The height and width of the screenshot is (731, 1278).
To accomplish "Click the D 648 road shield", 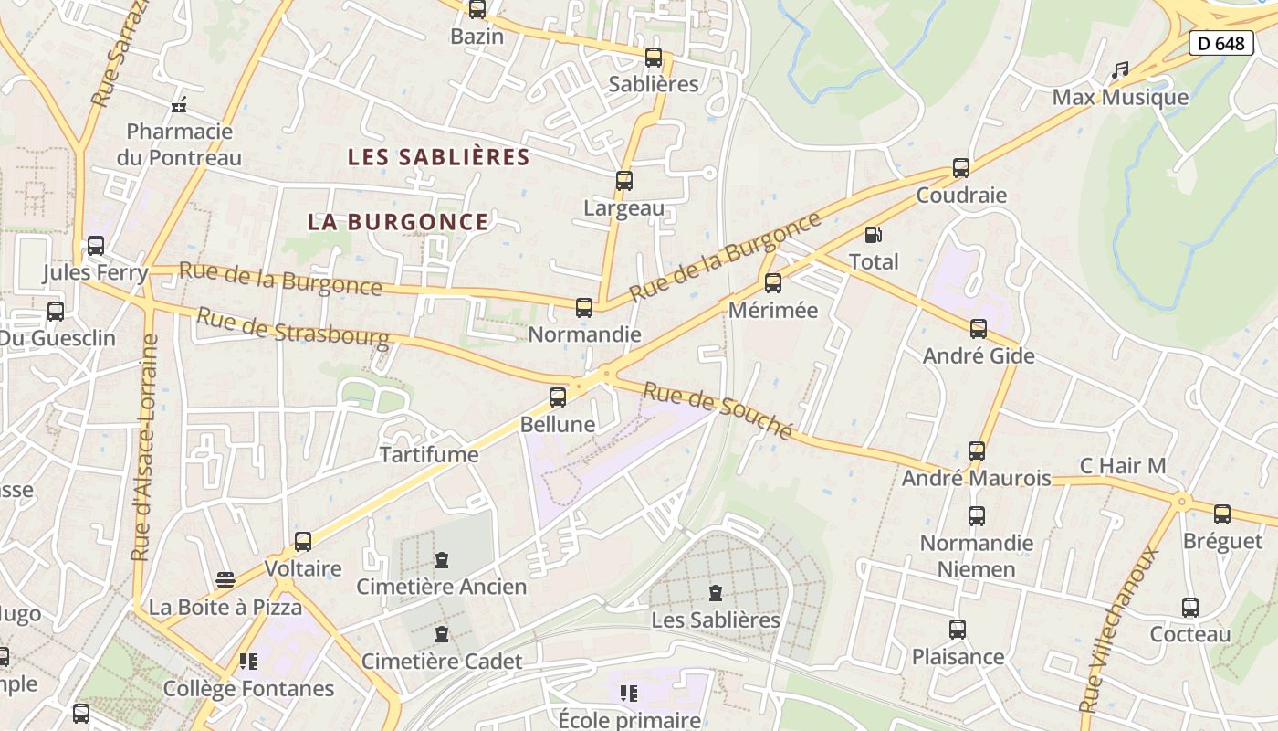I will coord(1220,43).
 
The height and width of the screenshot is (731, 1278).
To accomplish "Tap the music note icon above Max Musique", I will coord(1120,70).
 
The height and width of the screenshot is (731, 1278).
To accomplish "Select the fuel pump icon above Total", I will coord(874,235).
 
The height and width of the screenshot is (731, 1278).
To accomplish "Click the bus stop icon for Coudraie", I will coord(961,168).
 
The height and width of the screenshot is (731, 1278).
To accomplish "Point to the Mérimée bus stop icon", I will coord(773,283).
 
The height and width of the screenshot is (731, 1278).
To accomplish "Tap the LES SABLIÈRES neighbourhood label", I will coord(439,157).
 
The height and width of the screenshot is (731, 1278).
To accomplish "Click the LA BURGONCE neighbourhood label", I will coord(398,222).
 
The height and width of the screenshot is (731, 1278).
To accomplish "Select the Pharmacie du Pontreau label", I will coord(179,144).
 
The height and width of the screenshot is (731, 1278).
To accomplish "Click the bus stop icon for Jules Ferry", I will coord(96,246).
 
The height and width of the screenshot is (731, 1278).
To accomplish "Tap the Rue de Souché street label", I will coord(718,410).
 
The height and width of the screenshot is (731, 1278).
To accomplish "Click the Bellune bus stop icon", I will coord(558,397).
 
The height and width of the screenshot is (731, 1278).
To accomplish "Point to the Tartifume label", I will coord(429,454).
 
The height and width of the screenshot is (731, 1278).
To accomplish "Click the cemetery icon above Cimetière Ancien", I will coord(442,559).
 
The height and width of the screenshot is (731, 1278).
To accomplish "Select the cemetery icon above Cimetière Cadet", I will coord(442,634).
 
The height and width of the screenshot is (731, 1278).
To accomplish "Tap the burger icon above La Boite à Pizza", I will coord(225,580).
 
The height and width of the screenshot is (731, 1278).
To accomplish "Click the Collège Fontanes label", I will coord(248,689).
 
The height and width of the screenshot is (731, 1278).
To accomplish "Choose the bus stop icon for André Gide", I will coord(979,329).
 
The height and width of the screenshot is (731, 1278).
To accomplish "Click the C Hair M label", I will coord(1123,466).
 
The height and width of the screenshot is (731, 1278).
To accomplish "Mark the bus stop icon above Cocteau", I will coord(1190,608).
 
